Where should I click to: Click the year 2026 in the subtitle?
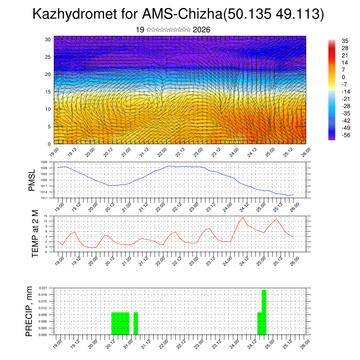click(201, 30)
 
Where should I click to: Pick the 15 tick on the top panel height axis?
click(49, 92)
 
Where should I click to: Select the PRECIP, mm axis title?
click(30, 311)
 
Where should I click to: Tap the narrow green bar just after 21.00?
click(136, 323)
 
